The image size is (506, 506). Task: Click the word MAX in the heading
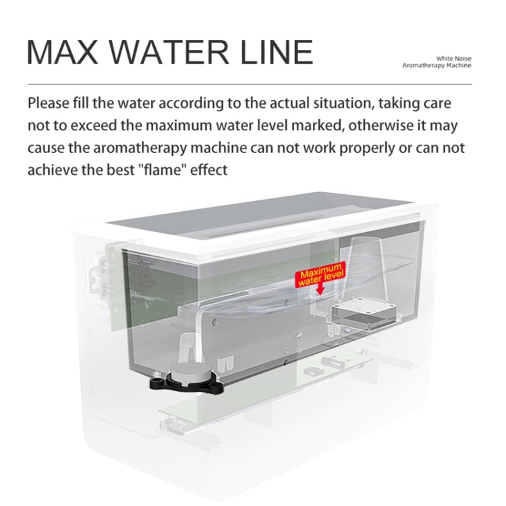(x=63, y=52)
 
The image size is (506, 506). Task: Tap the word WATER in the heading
(x=172, y=52)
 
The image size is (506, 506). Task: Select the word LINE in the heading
(x=277, y=52)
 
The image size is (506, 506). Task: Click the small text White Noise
(x=453, y=59)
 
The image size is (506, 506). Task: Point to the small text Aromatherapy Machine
(x=437, y=65)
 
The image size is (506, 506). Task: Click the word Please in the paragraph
(x=49, y=103)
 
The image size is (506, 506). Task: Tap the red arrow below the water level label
(x=320, y=289)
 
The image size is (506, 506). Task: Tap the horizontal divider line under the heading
(x=250, y=84)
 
